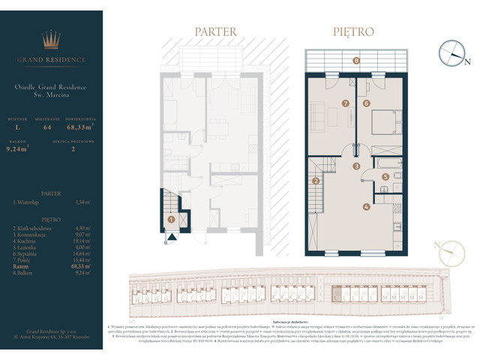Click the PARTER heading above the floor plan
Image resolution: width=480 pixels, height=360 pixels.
click(215, 32)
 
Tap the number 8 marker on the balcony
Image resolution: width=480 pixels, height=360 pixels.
click(356, 61)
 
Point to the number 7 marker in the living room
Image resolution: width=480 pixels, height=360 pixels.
click(346, 103)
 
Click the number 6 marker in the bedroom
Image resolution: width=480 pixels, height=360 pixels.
click(367, 103)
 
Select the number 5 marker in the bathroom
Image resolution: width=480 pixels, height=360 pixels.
click(385, 177)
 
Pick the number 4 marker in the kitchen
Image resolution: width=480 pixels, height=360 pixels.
click(366, 207)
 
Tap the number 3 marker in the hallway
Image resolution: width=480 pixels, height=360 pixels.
click(357, 166)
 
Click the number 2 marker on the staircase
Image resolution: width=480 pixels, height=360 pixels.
click(316, 181)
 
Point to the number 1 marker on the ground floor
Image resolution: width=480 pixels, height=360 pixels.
click(171, 220)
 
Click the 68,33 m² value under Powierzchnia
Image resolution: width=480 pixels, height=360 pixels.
click(81, 129)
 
